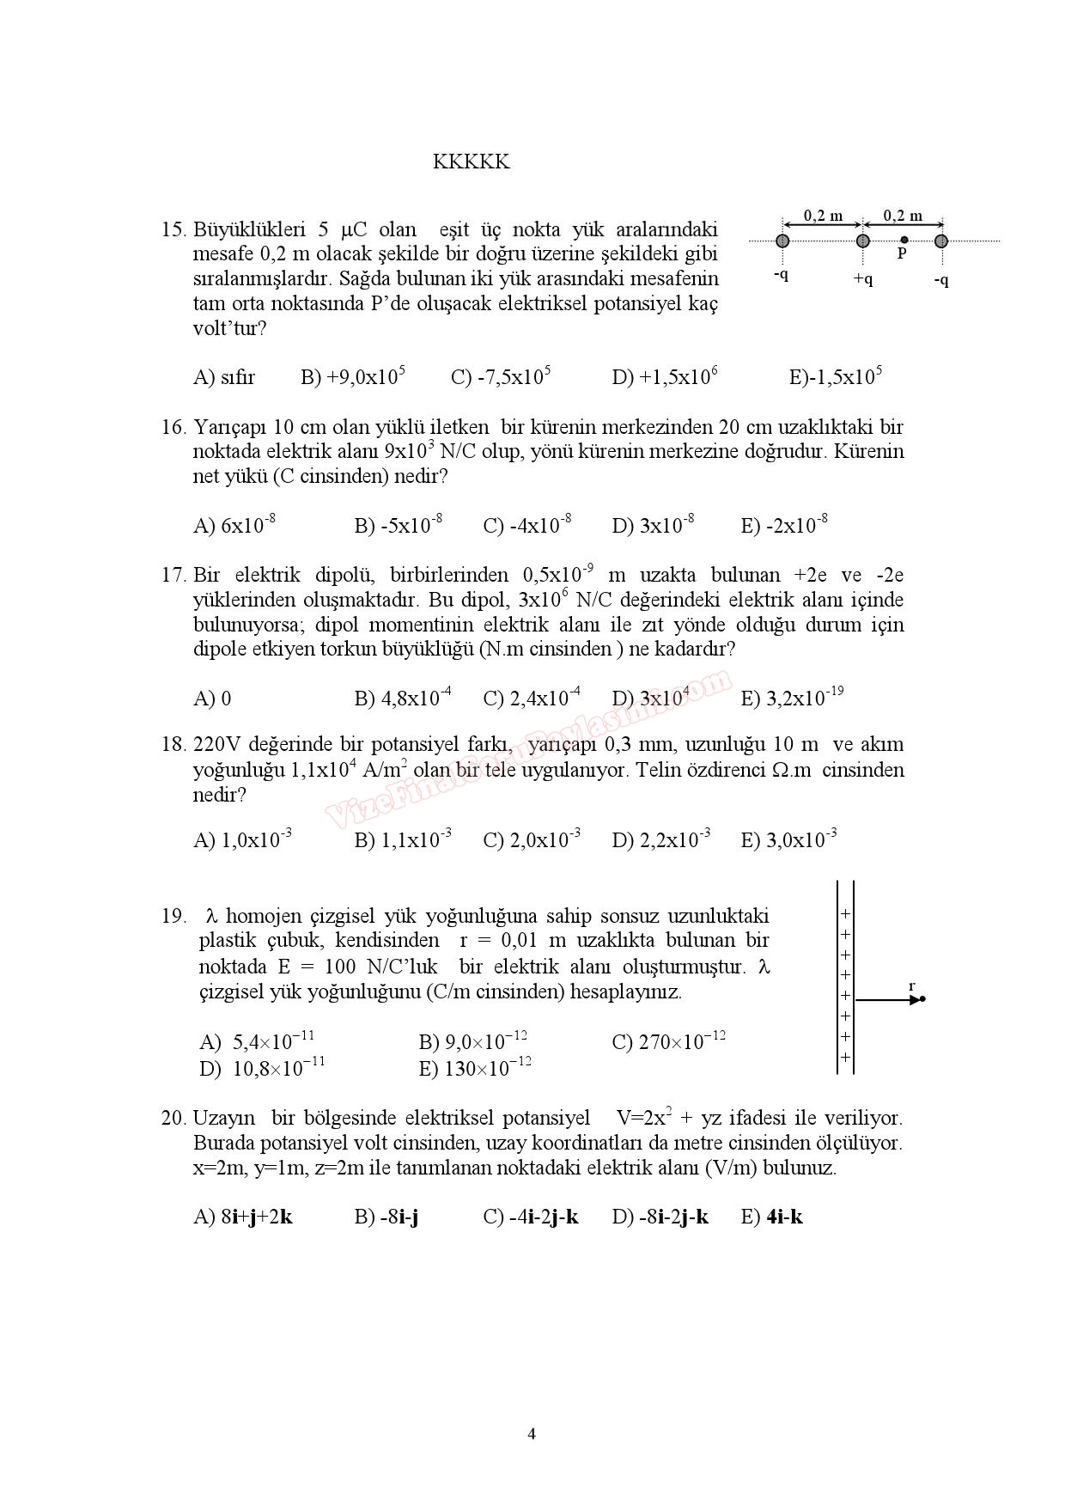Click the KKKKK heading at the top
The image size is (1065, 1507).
(471, 162)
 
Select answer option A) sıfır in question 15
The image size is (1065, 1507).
(224, 376)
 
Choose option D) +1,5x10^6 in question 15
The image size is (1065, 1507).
(664, 376)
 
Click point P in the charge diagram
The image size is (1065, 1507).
(904, 241)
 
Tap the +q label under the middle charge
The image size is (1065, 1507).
(862, 278)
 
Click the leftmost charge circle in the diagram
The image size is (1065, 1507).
(782, 241)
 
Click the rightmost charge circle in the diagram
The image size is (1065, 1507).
(941, 241)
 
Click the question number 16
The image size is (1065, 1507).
(173, 427)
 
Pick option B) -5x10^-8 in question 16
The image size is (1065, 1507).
(398, 525)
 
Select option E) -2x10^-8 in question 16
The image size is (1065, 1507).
(783, 525)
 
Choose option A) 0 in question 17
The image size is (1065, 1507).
(212, 698)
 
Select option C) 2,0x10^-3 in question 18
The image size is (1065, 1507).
(532, 839)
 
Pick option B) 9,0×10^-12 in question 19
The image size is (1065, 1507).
(472, 1042)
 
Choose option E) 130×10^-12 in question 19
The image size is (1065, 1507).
(475, 1069)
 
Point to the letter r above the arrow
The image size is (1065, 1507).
(912, 985)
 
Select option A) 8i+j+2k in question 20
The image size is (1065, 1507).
(243, 1217)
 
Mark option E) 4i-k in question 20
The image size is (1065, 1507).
(771, 1217)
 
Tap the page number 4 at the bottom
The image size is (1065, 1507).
(532, 1433)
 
